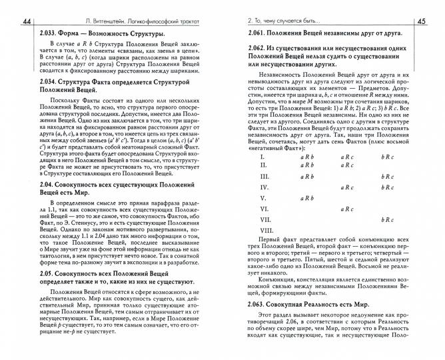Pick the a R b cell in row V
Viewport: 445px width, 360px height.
pos(307,198)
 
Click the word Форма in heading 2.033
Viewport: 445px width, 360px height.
pos(79,33)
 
